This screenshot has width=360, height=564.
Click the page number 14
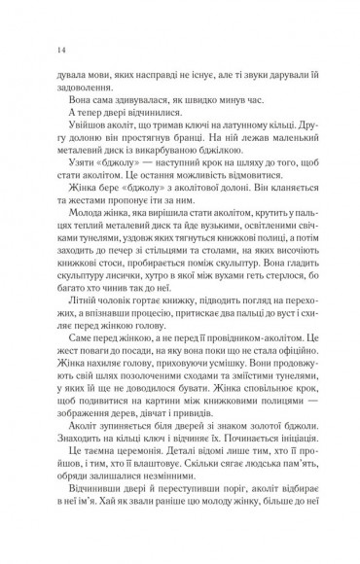tap(36, 50)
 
